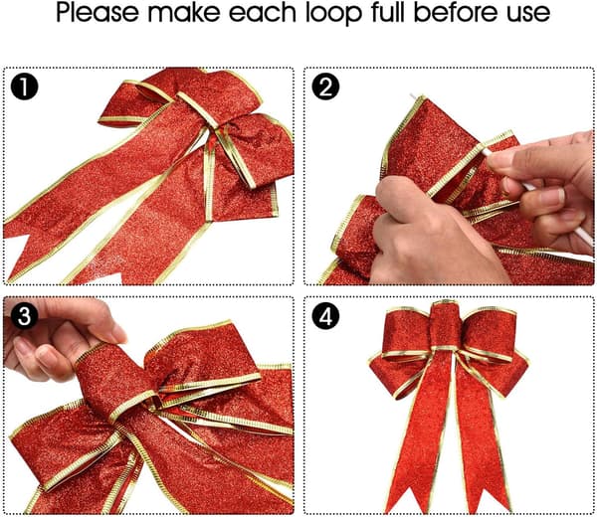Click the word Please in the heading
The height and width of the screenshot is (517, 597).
pyautogui.click(x=98, y=13)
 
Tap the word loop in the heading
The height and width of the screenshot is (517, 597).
pyautogui.click(x=333, y=13)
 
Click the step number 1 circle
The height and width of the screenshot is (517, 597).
pyautogui.click(x=24, y=86)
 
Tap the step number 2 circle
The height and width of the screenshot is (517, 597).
pyautogui.click(x=325, y=86)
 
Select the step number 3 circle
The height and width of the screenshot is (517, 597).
pyautogui.click(x=24, y=315)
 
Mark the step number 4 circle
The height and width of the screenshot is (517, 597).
pyautogui.click(x=325, y=315)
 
